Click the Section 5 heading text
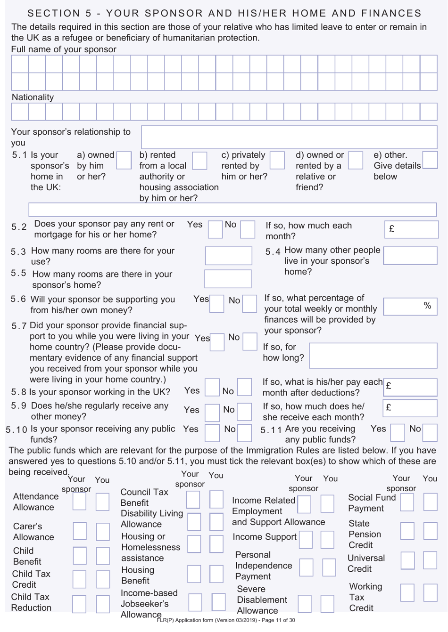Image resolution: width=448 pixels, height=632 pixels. (224, 13)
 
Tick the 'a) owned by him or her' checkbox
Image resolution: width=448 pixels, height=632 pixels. (124, 160)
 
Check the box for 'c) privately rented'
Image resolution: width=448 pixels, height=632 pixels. (277, 160)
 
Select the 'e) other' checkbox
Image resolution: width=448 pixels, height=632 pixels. (430, 160)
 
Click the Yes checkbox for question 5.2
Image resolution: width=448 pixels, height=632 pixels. (215, 229)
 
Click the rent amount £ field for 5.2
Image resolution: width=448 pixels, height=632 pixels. (411, 229)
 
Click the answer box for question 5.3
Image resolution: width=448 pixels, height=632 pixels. (228, 256)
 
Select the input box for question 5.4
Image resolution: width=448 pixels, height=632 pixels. (410, 256)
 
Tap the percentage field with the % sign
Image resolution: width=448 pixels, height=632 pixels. (410, 307)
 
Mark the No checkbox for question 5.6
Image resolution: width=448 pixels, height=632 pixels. (249, 304)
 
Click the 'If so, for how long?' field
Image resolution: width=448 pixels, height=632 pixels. (373, 356)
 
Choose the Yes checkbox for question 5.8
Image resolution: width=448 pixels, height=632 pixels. (212, 387)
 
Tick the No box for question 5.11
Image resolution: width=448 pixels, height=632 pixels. (430, 432)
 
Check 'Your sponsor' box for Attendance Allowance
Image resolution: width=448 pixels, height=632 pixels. (79, 502)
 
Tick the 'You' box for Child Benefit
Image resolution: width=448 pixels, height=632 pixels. (102, 556)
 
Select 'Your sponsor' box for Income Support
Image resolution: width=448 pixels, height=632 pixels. (306, 540)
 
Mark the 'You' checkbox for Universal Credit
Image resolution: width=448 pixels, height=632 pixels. (430, 560)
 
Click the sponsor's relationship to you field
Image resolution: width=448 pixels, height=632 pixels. (289, 137)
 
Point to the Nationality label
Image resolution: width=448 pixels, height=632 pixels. (33, 97)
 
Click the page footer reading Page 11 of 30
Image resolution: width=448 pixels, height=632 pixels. (226, 620)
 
